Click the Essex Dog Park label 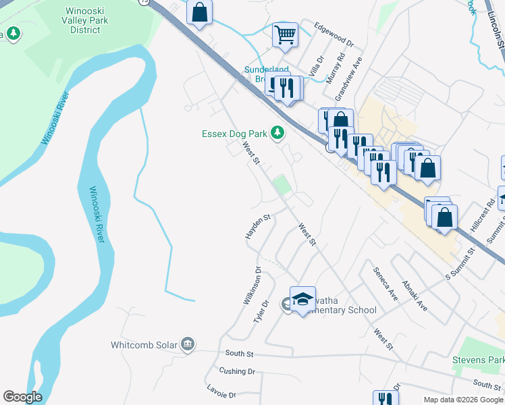point(234,134)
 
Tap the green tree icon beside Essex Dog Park point(276,133)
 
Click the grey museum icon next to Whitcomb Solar point(188,345)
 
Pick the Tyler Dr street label point(261,311)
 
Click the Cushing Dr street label point(236,371)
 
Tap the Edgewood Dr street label point(334,34)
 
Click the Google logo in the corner point(22,397)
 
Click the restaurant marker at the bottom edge point(384,399)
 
